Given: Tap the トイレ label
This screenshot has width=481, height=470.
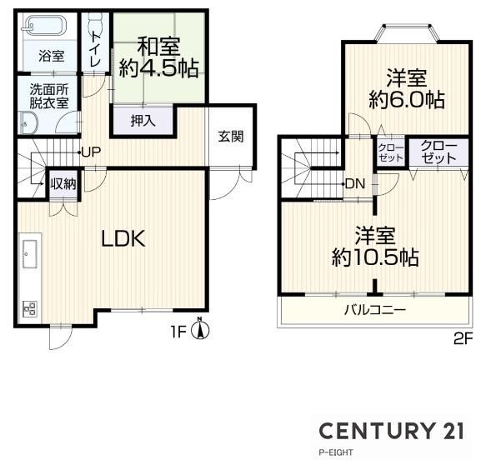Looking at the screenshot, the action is (x=96, y=50).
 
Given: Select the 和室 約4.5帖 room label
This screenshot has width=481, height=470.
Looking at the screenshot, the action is (x=158, y=57).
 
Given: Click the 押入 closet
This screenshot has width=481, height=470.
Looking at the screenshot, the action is (x=143, y=121).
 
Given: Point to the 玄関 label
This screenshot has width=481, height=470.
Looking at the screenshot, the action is (x=231, y=137).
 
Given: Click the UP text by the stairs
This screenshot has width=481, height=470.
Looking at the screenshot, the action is (x=91, y=152).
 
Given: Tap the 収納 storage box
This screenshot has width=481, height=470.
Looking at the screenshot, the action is (x=63, y=184).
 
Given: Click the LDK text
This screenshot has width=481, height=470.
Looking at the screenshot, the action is (x=123, y=239).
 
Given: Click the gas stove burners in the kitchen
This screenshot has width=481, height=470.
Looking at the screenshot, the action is (x=30, y=308).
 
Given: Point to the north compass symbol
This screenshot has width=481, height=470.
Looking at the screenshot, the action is (x=200, y=329).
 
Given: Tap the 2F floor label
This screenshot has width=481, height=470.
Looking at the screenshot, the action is (x=462, y=339).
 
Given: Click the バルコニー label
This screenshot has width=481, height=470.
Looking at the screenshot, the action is (x=375, y=310).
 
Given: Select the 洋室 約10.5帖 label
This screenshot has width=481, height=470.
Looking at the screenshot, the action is (x=375, y=247).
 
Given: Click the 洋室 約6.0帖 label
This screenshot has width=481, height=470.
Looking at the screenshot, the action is (x=407, y=89).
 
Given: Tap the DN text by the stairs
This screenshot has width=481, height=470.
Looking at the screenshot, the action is (x=355, y=184).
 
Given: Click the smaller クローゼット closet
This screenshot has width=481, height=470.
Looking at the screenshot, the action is (x=390, y=152).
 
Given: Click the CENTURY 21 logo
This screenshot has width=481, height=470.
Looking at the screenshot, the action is (x=392, y=431).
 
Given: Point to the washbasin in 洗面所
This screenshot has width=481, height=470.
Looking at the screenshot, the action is (x=29, y=122).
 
